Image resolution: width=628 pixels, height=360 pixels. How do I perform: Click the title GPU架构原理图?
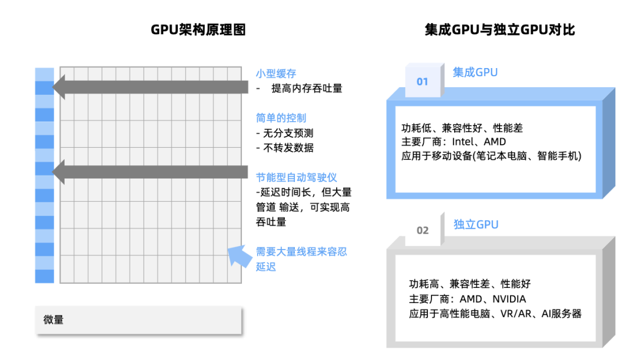click(198, 30)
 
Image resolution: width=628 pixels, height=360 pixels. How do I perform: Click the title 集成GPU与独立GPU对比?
click(499, 30)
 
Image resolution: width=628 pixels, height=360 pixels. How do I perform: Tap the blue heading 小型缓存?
click(276, 74)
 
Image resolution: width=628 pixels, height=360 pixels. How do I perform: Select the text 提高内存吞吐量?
click(306, 88)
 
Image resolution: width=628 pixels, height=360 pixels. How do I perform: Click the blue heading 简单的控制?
click(281, 118)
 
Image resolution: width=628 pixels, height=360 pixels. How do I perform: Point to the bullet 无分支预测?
click(288, 133)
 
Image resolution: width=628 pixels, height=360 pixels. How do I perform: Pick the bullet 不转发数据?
click(288, 148)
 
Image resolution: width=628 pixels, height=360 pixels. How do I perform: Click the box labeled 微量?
click(138, 320)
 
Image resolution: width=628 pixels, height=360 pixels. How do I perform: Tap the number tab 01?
click(423, 81)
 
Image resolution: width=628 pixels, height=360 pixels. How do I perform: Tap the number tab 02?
click(423, 230)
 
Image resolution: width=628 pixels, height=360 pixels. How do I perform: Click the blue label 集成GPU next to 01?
click(475, 73)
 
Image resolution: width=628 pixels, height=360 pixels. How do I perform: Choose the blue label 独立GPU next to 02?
click(476, 224)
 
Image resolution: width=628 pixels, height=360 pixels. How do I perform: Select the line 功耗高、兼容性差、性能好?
click(470, 284)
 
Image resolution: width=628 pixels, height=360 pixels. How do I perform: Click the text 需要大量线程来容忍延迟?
click(301, 259)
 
